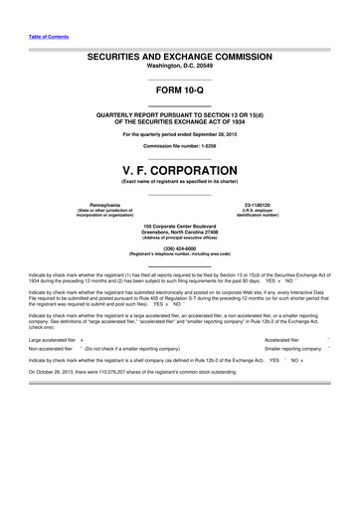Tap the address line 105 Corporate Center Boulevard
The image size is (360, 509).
coord(180,227)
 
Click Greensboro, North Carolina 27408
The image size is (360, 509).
coord(180,234)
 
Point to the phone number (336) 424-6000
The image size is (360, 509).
coord(180,250)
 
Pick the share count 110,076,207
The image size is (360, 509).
coord(124,372)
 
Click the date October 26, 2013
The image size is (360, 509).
coord(60,372)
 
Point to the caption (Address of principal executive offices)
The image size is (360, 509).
coord(180,240)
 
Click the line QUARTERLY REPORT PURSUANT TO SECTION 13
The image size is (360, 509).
coord(180,114)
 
